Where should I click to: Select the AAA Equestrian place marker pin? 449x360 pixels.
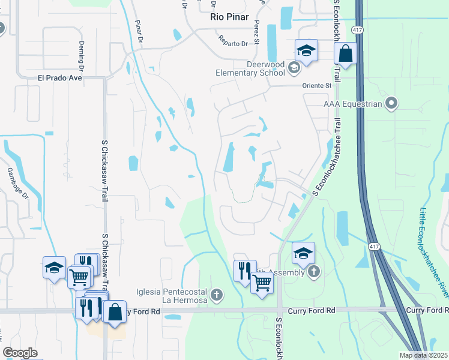pyautogui.click(x=391, y=104)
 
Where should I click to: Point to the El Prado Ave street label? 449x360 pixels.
pyautogui.click(x=59, y=78)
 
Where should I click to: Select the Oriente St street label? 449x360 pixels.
pyautogui.click(x=320, y=86)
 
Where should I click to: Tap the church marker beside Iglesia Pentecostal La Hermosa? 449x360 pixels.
pyautogui.click(x=217, y=295)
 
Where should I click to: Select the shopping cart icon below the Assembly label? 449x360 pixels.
pyautogui.click(x=262, y=283)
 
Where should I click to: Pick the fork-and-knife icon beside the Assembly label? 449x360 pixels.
pyautogui.click(x=244, y=270)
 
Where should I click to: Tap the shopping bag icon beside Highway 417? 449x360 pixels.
pyautogui.click(x=346, y=53)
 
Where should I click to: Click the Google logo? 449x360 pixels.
pyautogui.click(x=20, y=353)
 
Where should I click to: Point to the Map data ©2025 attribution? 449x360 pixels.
pyautogui.click(x=423, y=355)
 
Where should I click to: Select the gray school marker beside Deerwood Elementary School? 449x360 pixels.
pyautogui.click(x=294, y=68)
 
